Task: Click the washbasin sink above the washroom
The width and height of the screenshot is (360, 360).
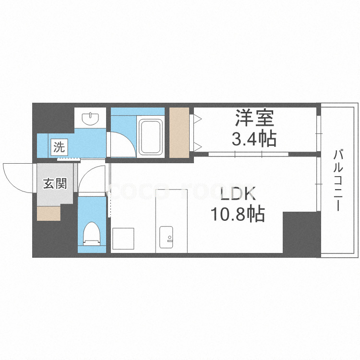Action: click(90, 118)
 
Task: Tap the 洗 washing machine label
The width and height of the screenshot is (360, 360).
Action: click(59, 147)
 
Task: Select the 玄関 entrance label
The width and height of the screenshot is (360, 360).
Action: click(55, 183)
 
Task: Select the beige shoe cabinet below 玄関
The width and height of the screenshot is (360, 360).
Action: click(48, 213)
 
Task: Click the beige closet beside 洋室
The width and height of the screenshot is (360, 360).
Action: click(180, 132)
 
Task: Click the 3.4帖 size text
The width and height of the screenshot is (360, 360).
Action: click(254, 139)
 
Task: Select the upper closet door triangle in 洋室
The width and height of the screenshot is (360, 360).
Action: click(197, 119)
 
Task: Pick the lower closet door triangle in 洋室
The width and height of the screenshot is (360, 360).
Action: click(197, 145)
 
